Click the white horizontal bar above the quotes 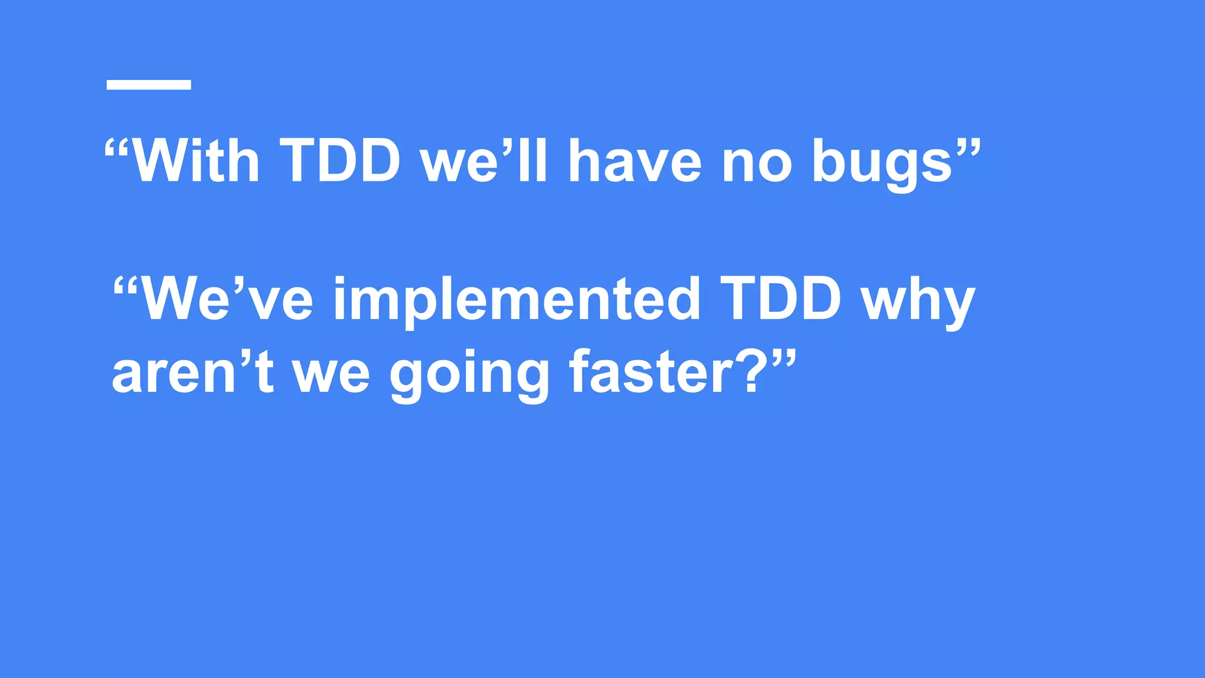pyautogui.click(x=148, y=85)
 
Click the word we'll pyautogui.click(x=484, y=162)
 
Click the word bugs pyautogui.click(x=883, y=165)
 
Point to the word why pyautogui.click(x=918, y=303)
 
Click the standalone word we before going pyautogui.click(x=331, y=377)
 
